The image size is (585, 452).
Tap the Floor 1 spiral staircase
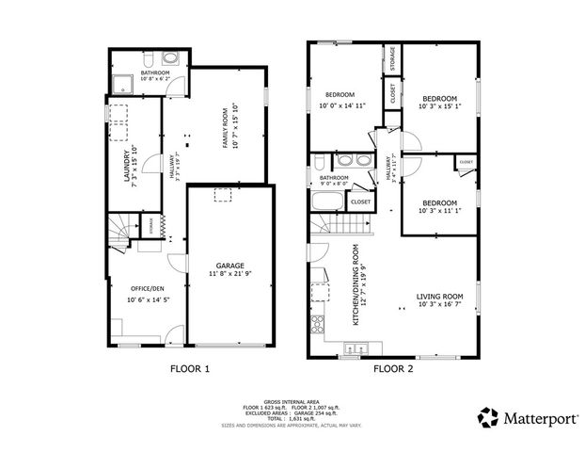pyautogui.click(x=120, y=231)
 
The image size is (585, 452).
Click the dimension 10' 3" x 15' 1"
pyautogui.click(x=440, y=106)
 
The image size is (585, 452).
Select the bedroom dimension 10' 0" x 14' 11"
pyautogui.click(x=340, y=106)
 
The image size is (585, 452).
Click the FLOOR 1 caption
pyautogui.click(x=189, y=369)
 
